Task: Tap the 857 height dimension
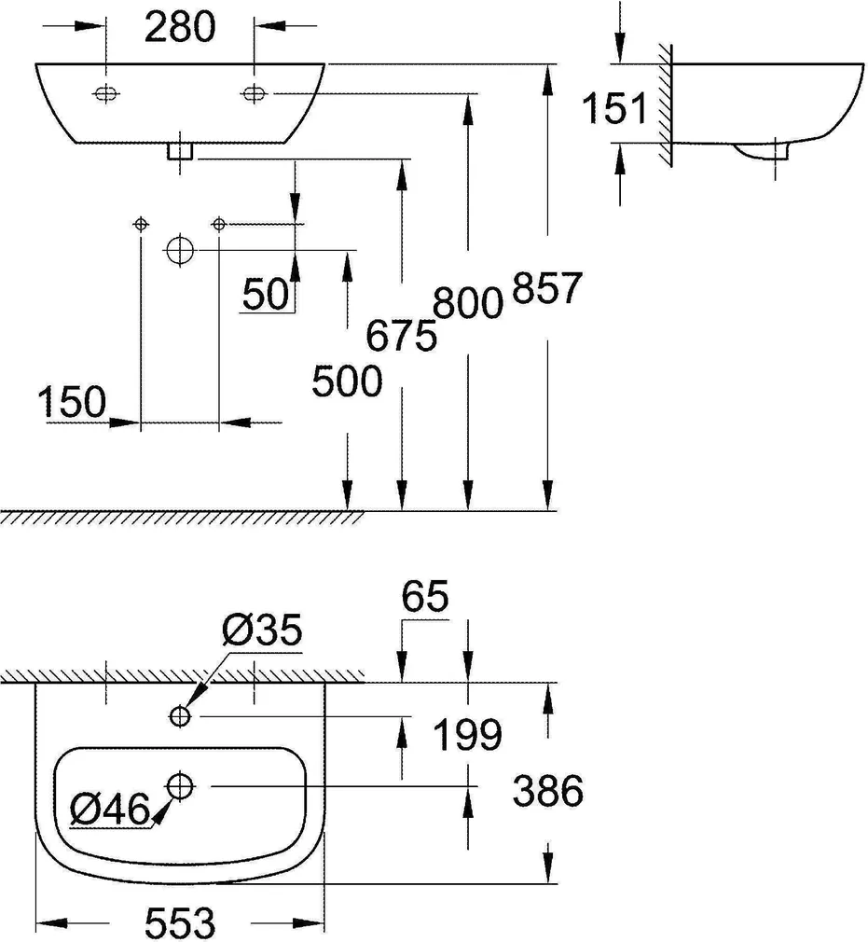coord(547,289)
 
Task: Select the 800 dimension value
coord(467,303)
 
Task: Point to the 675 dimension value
coord(402,334)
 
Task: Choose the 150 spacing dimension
coord(72,403)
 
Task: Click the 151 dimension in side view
coord(614,110)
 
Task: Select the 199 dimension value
coord(468,736)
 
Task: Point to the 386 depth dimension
coord(548,791)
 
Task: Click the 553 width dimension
coord(180,923)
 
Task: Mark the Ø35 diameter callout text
coord(262,631)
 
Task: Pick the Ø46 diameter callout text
coord(110,809)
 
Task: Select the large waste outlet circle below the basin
coord(179,250)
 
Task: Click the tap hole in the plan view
coord(180,715)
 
